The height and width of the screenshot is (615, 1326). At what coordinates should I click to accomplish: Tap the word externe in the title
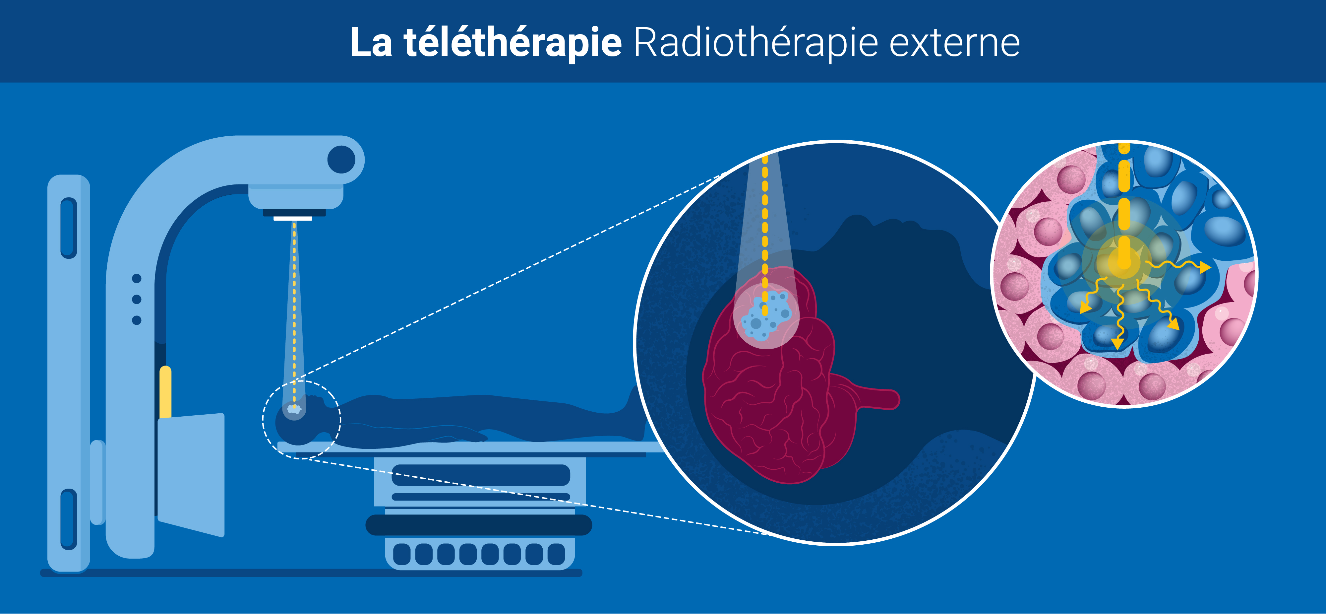954,43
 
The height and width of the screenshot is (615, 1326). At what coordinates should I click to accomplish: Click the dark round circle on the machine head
341,159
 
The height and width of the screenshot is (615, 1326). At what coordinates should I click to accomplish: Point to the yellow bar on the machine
165,391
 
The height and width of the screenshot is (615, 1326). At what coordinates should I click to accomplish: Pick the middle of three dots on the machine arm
136,299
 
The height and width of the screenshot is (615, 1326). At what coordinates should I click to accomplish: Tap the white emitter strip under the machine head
293,218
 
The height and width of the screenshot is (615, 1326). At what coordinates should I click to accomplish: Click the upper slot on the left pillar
69,228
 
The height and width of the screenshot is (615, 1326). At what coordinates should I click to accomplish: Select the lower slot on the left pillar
69,519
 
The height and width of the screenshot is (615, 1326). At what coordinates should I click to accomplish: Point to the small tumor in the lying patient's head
294,409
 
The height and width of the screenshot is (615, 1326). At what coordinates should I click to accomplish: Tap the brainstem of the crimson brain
875,399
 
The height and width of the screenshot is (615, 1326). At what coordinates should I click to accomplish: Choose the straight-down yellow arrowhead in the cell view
1117,344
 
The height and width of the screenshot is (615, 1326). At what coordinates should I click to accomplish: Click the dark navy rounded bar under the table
479,525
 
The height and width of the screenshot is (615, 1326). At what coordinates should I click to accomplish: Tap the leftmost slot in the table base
401,554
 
